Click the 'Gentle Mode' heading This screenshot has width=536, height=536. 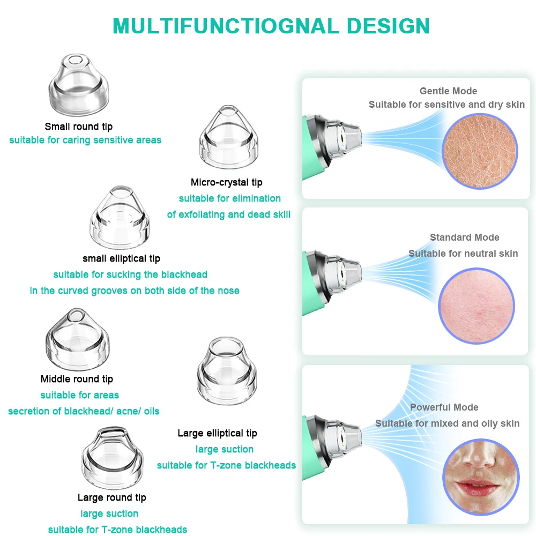click(448, 91)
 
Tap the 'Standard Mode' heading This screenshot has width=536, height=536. click(464, 237)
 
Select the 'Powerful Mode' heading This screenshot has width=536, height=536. click(444, 407)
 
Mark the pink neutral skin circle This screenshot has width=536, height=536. click(476, 306)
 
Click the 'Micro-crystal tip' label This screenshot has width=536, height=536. click(226, 182)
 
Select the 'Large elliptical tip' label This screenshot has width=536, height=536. click(217, 433)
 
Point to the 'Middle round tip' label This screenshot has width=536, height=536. click(77, 379)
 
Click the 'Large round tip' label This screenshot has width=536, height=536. click(111, 497)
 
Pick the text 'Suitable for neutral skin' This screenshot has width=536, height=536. click(463, 254)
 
